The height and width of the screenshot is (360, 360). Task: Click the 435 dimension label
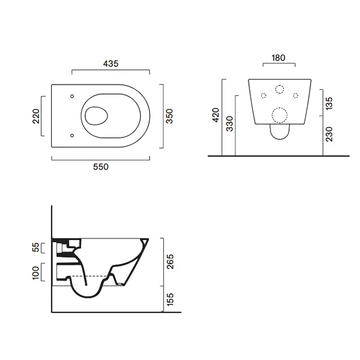coord(111,64)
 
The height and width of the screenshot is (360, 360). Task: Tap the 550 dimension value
coord(101,167)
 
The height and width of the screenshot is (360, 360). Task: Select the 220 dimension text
coord(37,116)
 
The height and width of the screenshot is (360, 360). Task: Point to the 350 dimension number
coord(169,116)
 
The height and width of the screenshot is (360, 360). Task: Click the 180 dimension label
coord(279,58)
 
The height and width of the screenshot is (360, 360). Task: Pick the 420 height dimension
coord(216,115)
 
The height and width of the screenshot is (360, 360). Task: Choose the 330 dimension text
coord(229,124)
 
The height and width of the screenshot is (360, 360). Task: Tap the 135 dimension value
coord(329,103)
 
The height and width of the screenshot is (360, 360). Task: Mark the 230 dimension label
coord(329,134)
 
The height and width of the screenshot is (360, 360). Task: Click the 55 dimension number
coord(37,247)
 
